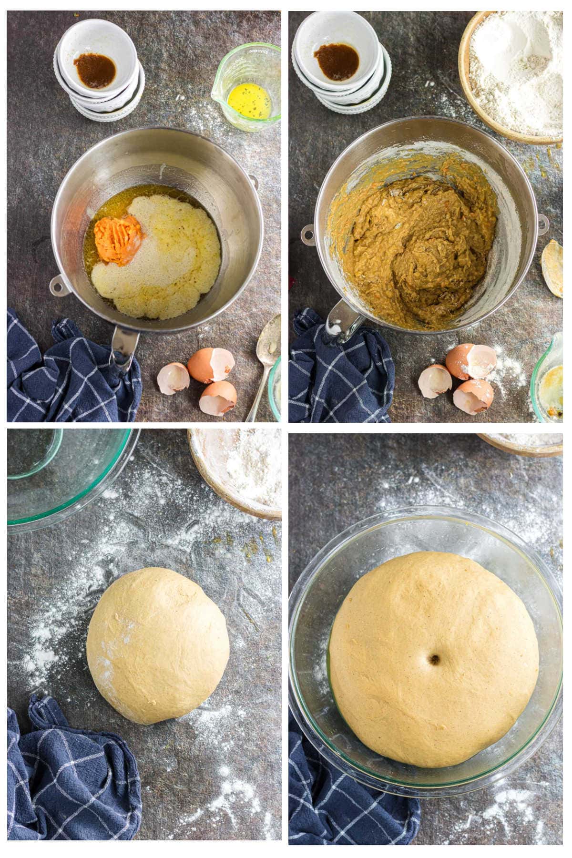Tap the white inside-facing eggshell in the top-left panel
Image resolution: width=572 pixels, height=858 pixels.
[x=173, y=379]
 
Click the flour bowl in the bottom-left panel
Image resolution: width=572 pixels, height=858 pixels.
[x=238, y=472]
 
